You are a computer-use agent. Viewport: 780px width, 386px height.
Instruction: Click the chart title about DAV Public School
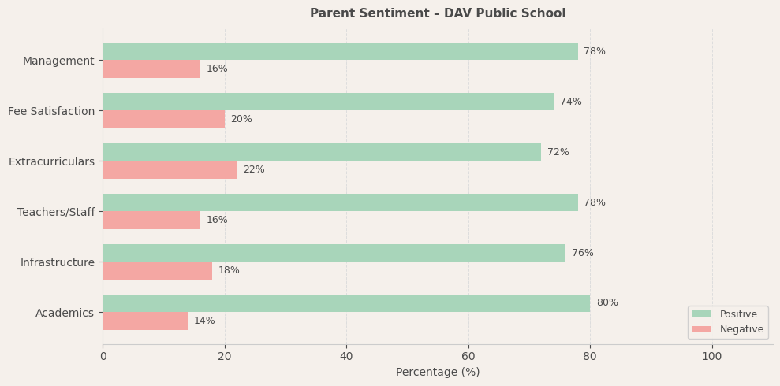point(438,13)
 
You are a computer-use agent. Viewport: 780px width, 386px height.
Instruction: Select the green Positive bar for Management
point(340,51)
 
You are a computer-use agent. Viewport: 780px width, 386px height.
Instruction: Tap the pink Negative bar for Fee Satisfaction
point(163,119)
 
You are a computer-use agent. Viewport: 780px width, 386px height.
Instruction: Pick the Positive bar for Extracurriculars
point(322,152)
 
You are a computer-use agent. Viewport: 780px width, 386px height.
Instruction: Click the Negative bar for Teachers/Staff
point(151,220)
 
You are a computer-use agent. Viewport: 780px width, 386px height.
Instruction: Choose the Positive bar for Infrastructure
point(334,253)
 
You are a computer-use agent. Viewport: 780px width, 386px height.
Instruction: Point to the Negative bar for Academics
point(145,321)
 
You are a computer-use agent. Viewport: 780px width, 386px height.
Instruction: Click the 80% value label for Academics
point(607,303)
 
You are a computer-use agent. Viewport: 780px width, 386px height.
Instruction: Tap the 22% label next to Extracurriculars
point(254,169)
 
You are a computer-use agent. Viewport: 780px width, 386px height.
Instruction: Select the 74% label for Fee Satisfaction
point(571,102)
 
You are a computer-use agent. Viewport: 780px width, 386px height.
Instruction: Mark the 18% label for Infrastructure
point(230,270)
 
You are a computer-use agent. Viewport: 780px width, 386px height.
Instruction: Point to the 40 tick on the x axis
point(346,357)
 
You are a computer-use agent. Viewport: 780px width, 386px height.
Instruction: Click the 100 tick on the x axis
point(712,357)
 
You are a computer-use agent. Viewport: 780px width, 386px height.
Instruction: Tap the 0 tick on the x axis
point(103,357)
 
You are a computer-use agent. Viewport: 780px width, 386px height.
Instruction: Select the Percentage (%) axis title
point(438,373)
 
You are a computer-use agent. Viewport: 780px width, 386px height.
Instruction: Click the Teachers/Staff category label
point(56,212)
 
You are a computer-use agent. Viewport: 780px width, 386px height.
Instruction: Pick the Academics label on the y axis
point(65,313)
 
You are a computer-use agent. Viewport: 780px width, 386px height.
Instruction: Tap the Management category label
point(58,61)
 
